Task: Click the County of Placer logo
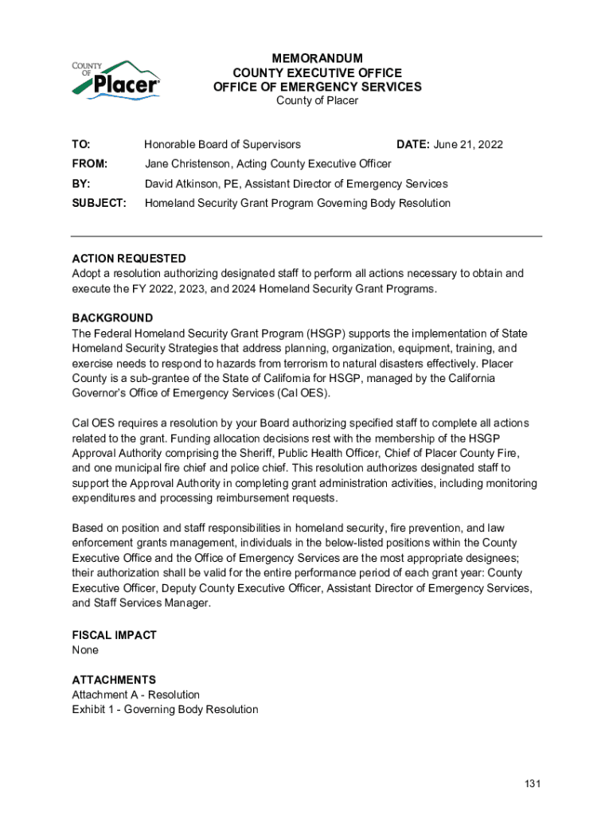[x=116, y=79]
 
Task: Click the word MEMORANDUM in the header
[x=317, y=58]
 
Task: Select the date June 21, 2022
[x=468, y=145]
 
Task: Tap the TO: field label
[x=81, y=145]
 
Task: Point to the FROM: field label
[x=90, y=164]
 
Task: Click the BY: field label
[x=81, y=184]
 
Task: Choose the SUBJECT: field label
[x=100, y=203]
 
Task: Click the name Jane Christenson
[x=187, y=164]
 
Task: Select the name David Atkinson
[x=182, y=184]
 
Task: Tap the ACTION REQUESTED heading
[x=129, y=259]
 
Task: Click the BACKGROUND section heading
[x=112, y=318]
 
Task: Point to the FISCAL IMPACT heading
[x=114, y=635]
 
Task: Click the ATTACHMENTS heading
[x=114, y=680]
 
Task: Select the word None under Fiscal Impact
[x=85, y=650]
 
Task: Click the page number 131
[x=533, y=784]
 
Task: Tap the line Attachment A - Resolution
[x=135, y=695]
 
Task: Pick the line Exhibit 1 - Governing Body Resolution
[x=165, y=709]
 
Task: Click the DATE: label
[x=413, y=145]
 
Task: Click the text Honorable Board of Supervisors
[x=222, y=145]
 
